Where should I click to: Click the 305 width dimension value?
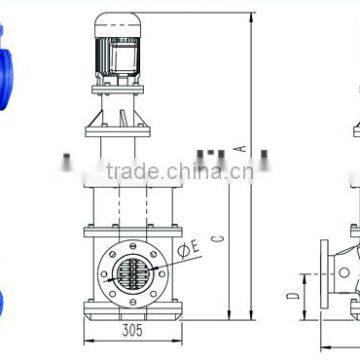pos(132,330)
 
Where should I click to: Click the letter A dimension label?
pos(242,149)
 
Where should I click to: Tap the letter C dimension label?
pos(218,238)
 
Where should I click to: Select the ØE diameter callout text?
pos(189,249)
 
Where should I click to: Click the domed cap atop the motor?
pos(118,25)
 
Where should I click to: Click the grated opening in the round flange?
pos(133,274)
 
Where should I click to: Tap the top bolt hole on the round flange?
pos(133,246)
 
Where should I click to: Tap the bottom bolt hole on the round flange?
pos(133,302)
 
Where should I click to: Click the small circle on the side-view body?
pos(344,272)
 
